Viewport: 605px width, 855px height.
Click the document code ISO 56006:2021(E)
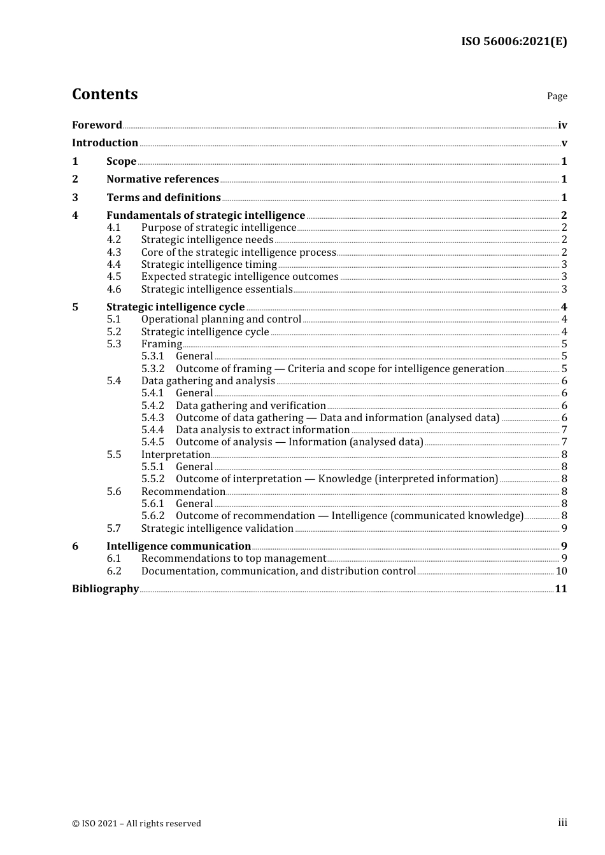514,41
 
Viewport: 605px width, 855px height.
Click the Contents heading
104,94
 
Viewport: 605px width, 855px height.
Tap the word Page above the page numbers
557,96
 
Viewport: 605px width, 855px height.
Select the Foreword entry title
97,125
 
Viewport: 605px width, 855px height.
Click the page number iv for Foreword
562,125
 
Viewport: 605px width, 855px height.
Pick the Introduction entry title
105,142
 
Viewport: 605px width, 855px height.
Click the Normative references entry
162,179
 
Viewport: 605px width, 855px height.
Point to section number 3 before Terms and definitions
75,197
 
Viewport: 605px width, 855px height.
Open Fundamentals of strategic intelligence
206,215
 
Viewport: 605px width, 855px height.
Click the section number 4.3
114,252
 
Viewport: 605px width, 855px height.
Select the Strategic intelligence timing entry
209,264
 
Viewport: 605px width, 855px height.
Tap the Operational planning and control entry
221,319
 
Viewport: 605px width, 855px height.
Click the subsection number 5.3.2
153,368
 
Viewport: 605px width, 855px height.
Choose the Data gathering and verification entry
251,405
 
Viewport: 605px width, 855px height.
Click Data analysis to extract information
262,430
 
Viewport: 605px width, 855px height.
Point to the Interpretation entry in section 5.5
176,454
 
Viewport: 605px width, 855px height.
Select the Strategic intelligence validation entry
217,528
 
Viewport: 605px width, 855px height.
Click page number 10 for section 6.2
561,571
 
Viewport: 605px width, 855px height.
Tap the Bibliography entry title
105,588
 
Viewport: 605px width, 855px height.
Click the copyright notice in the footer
136,823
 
